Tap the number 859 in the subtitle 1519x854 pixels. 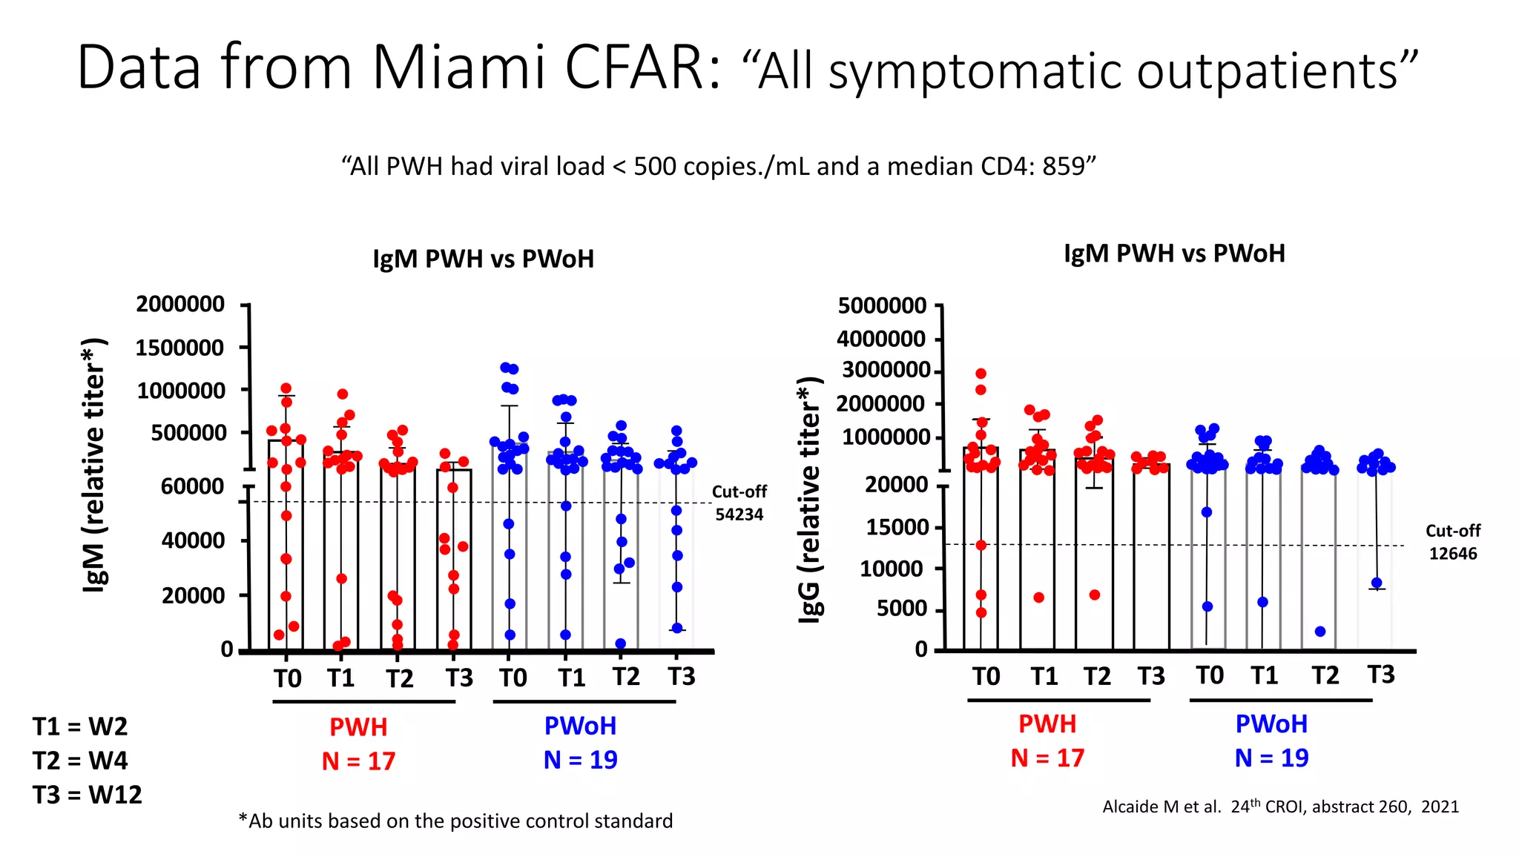pyautogui.click(x=1064, y=166)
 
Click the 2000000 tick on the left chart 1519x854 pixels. pyautogui.click(x=180, y=304)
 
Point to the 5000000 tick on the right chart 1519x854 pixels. pyautogui.click(x=882, y=305)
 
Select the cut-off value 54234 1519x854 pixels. pyautogui.click(x=739, y=514)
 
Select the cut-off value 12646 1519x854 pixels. pyautogui.click(x=1453, y=554)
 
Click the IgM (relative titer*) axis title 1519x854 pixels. pyautogui.click(x=95, y=465)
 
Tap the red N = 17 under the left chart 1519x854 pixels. pyautogui.click(x=358, y=761)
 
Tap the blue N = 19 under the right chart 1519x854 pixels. pyautogui.click(x=1271, y=758)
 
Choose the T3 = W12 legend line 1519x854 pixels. pyautogui.click(x=87, y=795)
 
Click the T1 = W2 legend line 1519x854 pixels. pyautogui.click(x=80, y=726)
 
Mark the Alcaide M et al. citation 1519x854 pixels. pyautogui.click(x=1280, y=807)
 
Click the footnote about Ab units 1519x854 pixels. pyautogui.click(x=455, y=821)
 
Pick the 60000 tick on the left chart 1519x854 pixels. pyautogui.click(x=192, y=486)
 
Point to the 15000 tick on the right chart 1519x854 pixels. pyautogui.click(x=897, y=527)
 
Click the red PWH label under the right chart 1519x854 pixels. pyautogui.click(x=1047, y=724)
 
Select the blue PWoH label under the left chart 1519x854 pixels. pyautogui.click(x=580, y=726)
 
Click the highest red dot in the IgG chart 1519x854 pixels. pyautogui.click(x=981, y=374)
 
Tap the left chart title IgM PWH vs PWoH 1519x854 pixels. pyautogui.click(x=483, y=259)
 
